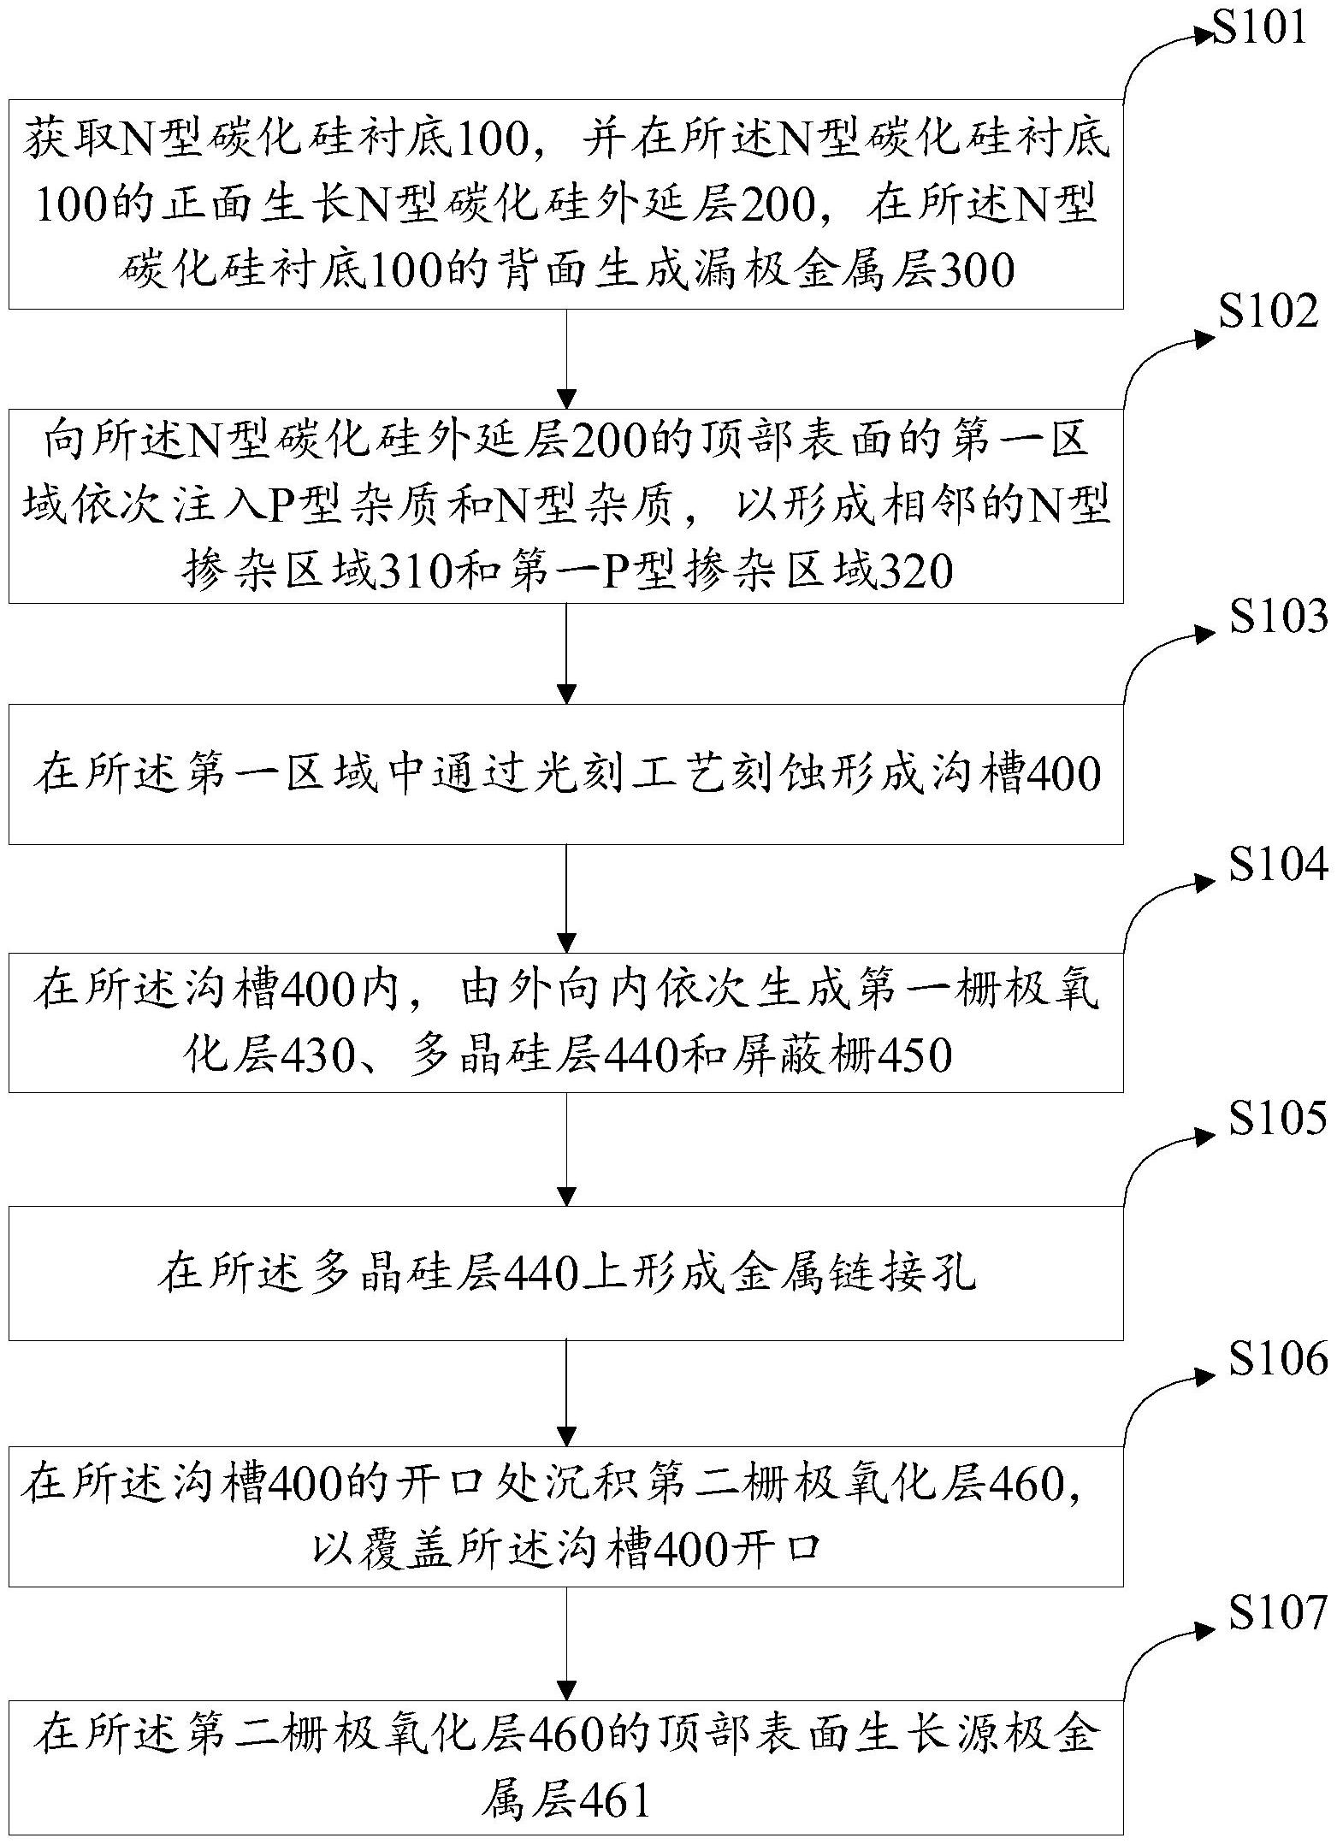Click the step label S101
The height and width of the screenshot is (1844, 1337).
[x=1260, y=29]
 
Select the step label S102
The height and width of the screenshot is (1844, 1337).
[x=1269, y=314]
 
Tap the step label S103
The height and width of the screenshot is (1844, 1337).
[x=1278, y=617]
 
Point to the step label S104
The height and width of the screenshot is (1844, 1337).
[x=1278, y=866]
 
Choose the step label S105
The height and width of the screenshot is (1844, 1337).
[x=1278, y=1118]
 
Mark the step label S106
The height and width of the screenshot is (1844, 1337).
[x=1278, y=1358]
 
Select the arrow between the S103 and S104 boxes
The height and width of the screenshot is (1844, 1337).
[x=566, y=898]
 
